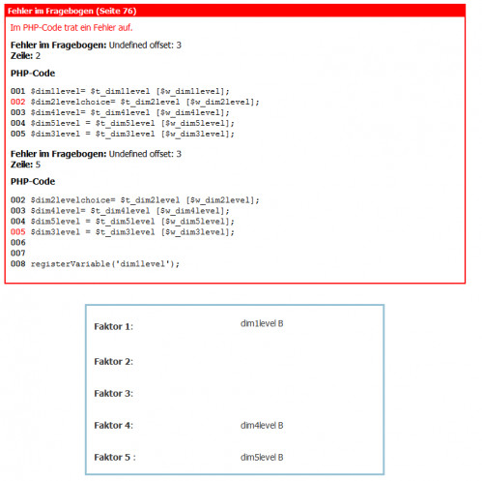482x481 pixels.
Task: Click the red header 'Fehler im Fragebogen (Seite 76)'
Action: coord(71,11)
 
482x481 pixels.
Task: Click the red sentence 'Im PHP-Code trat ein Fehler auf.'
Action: coord(71,28)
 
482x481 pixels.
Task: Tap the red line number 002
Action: coord(18,102)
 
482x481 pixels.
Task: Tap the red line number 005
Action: coord(18,232)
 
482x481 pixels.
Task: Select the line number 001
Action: coord(18,91)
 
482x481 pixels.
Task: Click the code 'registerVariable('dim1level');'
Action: coord(105,264)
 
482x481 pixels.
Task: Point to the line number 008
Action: coord(18,264)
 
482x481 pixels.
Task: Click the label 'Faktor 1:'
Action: coord(114,326)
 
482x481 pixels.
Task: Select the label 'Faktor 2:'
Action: coord(114,362)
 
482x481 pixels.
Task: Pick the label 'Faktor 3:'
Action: coord(114,394)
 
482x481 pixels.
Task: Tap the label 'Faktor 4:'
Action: coord(114,426)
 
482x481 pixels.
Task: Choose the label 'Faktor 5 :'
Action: coord(115,458)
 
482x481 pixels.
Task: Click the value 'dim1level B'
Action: coord(262,323)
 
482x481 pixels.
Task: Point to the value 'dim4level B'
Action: coord(262,426)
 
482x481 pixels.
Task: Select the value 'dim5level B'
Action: coord(262,458)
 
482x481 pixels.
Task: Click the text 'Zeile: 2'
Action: coord(25,56)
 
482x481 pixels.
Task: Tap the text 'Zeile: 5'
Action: coord(25,165)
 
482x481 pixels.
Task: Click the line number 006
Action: coord(18,243)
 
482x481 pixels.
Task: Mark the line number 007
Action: coord(18,254)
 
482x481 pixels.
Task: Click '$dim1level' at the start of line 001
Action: coord(55,91)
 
